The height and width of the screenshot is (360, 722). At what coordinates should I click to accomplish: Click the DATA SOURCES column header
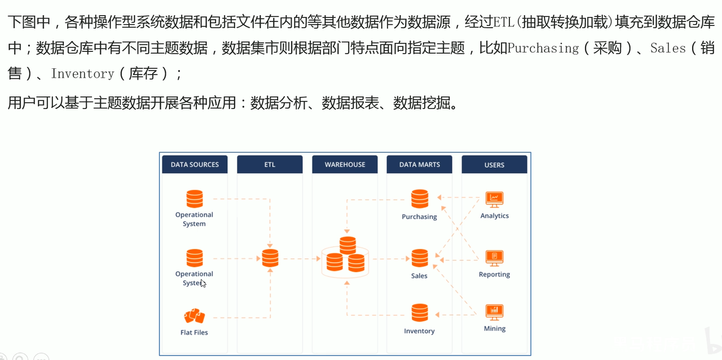click(195, 165)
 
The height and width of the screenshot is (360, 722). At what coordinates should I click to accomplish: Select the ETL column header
click(270, 165)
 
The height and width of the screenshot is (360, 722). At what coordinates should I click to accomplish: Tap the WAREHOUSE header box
click(345, 165)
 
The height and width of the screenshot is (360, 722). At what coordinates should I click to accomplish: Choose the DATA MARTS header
click(419, 165)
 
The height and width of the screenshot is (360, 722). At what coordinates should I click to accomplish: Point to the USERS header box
click(495, 165)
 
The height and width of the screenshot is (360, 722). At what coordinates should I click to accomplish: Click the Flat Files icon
click(195, 316)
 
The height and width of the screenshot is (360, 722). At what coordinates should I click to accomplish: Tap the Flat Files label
click(194, 332)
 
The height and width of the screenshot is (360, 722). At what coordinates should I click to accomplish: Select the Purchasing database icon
click(420, 199)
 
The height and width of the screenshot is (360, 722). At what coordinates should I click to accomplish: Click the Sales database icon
click(420, 258)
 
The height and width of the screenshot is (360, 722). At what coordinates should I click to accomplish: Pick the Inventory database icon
click(420, 313)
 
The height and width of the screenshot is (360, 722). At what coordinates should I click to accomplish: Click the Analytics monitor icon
click(495, 200)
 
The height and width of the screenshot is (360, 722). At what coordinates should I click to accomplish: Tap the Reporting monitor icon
click(495, 258)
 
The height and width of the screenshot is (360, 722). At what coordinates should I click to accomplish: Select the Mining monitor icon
click(495, 313)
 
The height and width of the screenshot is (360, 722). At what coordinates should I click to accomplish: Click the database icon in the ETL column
click(270, 258)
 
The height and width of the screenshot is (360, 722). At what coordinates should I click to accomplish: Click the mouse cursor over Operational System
click(203, 284)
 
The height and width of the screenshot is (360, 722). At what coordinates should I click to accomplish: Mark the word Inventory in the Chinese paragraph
click(83, 74)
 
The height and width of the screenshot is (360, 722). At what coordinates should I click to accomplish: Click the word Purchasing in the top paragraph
click(543, 49)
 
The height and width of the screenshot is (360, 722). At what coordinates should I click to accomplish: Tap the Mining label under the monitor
click(495, 329)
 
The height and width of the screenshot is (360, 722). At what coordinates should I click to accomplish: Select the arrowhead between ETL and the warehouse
click(318, 258)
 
